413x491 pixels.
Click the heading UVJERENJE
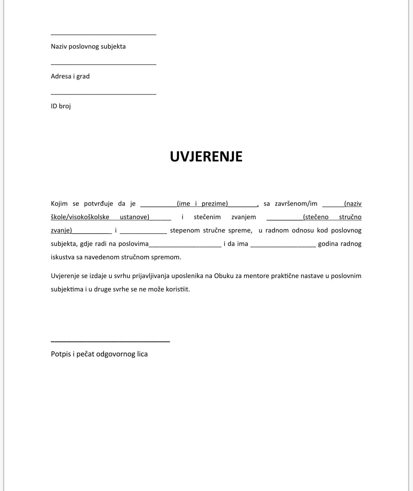tap(206, 156)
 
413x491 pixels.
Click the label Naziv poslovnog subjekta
tap(88, 47)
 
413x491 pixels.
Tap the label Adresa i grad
tap(70, 76)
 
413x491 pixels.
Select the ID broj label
tap(61, 106)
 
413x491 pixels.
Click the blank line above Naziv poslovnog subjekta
tap(103, 35)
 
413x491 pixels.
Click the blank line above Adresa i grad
tap(103, 64)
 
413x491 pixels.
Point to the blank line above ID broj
tap(103, 94)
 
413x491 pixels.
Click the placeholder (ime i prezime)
tap(202, 204)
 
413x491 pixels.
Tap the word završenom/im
tap(296, 204)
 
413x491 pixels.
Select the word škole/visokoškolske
tap(80, 217)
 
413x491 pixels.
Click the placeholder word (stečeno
tap(315, 217)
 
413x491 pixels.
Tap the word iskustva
tap(62, 257)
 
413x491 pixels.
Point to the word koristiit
tap(177, 289)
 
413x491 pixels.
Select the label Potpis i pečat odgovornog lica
tap(99, 354)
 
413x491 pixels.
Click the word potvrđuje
tap(98, 204)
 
